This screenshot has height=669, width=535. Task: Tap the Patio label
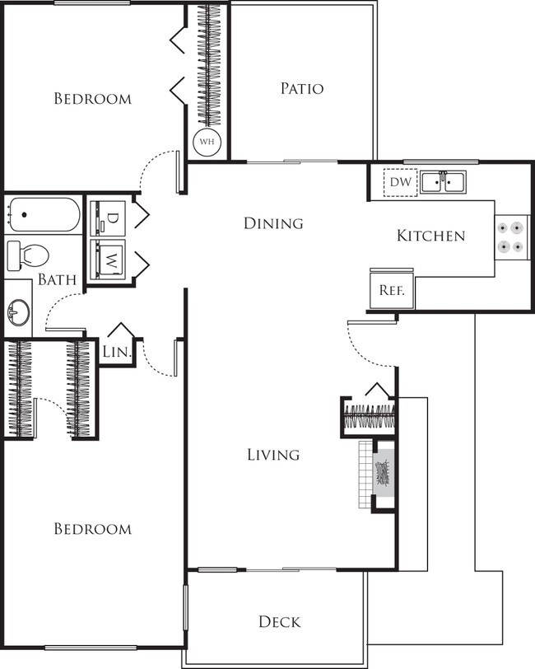coord(301,88)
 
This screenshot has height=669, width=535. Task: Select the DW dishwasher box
coord(401,182)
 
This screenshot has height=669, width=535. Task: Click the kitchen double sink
coord(443,182)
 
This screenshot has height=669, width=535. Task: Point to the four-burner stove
coord(509,235)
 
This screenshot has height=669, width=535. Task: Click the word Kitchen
coord(430,236)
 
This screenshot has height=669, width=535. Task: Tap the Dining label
coord(273,223)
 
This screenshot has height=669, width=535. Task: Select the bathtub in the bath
coord(44,215)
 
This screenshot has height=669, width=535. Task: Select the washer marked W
coord(109,261)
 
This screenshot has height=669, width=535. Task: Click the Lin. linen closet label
coord(117,352)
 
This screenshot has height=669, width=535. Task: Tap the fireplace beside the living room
coord(384,476)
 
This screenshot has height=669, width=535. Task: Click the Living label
coord(273,455)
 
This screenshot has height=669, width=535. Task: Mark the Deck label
coord(279,621)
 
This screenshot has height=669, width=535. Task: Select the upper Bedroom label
coord(92,99)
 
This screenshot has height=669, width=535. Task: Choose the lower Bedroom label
coord(92,529)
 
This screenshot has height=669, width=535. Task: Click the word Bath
coord(58,280)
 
